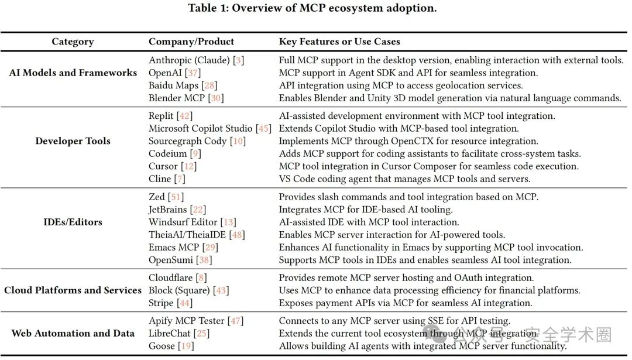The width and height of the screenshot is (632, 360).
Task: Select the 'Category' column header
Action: (73, 42)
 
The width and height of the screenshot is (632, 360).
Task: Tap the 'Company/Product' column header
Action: (191, 42)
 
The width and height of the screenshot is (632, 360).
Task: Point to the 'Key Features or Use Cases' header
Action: (339, 42)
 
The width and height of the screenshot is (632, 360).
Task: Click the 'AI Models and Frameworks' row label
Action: (73, 73)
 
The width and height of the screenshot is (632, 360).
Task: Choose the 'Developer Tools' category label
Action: (73, 140)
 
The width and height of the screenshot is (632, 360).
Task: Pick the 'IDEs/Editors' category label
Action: (73, 222)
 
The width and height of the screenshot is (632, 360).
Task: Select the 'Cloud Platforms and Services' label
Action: (73, 290)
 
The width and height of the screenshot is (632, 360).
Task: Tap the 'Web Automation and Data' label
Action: (73, 333)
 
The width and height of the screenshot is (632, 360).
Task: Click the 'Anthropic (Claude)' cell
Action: (190, 60)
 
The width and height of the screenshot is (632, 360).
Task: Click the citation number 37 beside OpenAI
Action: (193, 73)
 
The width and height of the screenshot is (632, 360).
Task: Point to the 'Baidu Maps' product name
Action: (173, 85)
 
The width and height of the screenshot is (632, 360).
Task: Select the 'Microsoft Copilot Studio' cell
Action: (200, 128)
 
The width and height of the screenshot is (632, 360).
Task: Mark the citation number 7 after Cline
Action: (180, 179)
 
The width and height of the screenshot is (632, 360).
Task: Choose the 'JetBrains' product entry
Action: (168, 210)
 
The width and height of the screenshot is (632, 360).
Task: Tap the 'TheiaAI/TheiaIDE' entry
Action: (187, 235)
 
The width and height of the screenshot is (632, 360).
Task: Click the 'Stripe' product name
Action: (161, 303)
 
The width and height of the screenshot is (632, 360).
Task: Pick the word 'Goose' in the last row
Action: (162, 346)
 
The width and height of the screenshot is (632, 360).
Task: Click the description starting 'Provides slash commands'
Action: (408, 197)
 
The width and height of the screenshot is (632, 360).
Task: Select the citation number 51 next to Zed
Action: (176, 197)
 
